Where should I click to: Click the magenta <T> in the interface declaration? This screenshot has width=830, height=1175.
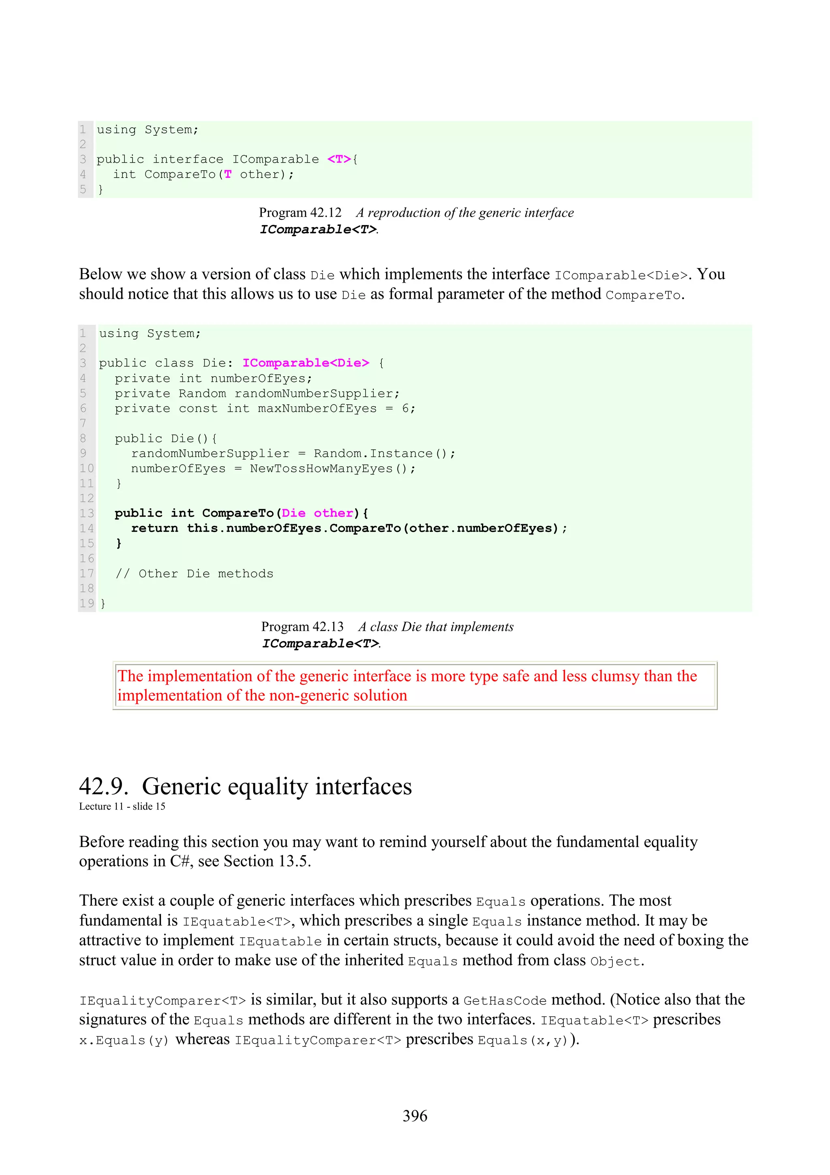pos(339,159)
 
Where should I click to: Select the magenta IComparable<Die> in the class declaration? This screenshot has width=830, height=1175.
pos(305,363)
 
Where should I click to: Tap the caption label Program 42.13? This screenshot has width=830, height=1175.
pos(302,626)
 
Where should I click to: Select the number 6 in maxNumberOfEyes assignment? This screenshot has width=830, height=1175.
pos(406,408)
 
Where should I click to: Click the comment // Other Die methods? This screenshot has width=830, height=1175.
pos(195,574)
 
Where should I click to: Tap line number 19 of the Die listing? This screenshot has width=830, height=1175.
pos(86,603)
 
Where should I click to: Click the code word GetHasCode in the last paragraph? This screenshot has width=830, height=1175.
pos(505,1001)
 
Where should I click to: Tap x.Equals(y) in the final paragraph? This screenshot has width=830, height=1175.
pos(124,1040)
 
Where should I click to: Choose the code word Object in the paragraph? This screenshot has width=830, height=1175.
pos(615,962)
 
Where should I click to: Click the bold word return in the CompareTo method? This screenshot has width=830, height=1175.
pos(154,528)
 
